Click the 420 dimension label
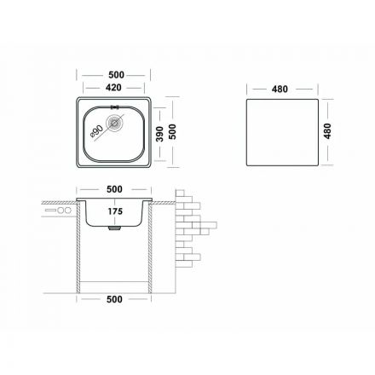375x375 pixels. coord(113,88)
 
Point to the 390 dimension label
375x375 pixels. coord(160,134)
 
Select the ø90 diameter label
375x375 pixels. coord(97,131)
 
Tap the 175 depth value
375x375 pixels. coord(115,211)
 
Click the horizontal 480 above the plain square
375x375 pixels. coord(280,89)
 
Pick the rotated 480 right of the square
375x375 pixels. coord(327,131)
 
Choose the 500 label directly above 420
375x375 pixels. coord(116,75)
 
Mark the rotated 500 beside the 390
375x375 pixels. coord(172,131)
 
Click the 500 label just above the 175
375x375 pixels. coord(114,189)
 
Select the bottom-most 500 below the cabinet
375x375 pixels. coord(114,299)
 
